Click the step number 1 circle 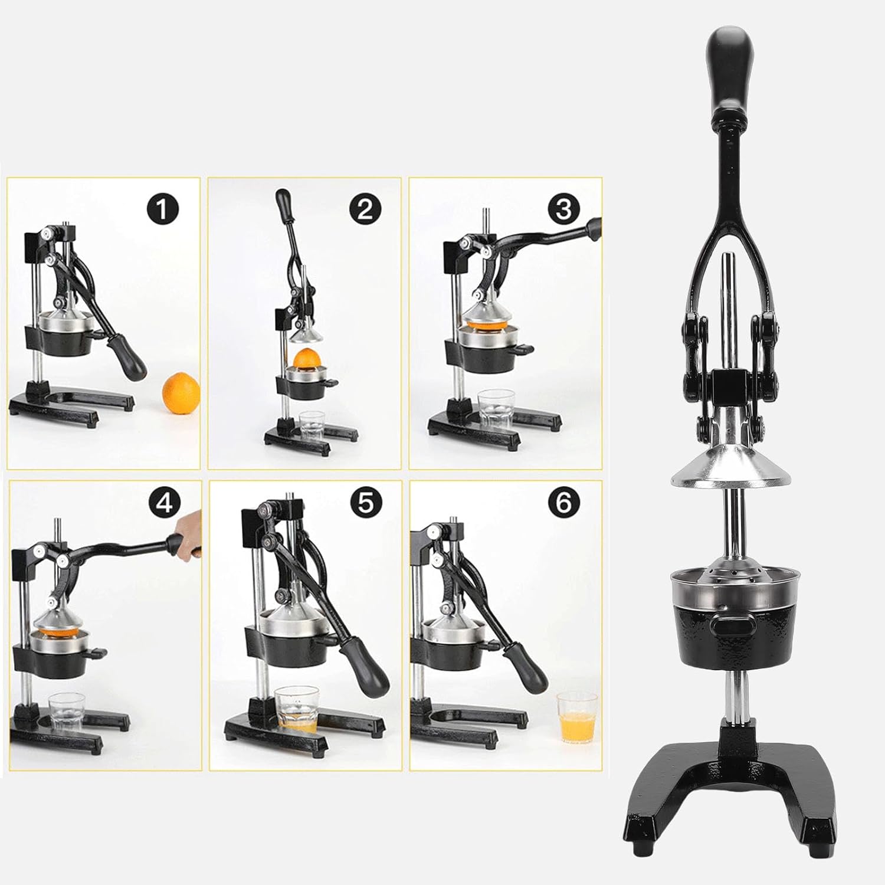pos(163,208)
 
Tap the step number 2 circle pos(365,208)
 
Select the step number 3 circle pos(565,208)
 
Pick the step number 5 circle pos(365,503)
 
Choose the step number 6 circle pos(565,503)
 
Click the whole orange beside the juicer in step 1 pos(181,392)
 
